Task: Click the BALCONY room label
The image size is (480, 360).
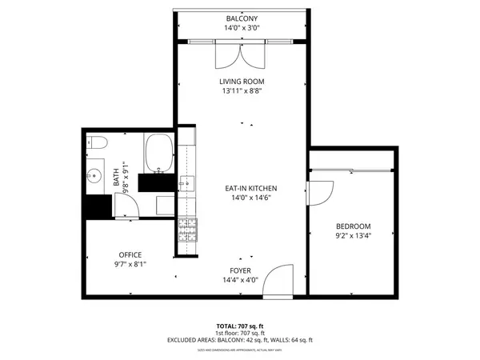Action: click(242, 18)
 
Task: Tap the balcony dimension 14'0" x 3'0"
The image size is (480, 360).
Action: click(242, 28)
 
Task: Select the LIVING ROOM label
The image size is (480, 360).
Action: click(242, 82)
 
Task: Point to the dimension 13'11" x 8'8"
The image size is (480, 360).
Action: click(242, 91)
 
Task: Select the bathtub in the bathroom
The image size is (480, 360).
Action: click(158, 153)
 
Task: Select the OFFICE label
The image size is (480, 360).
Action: click(130, 255)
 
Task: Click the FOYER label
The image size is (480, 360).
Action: click(241, 270)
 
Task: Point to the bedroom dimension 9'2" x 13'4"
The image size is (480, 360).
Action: click(353, 236)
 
